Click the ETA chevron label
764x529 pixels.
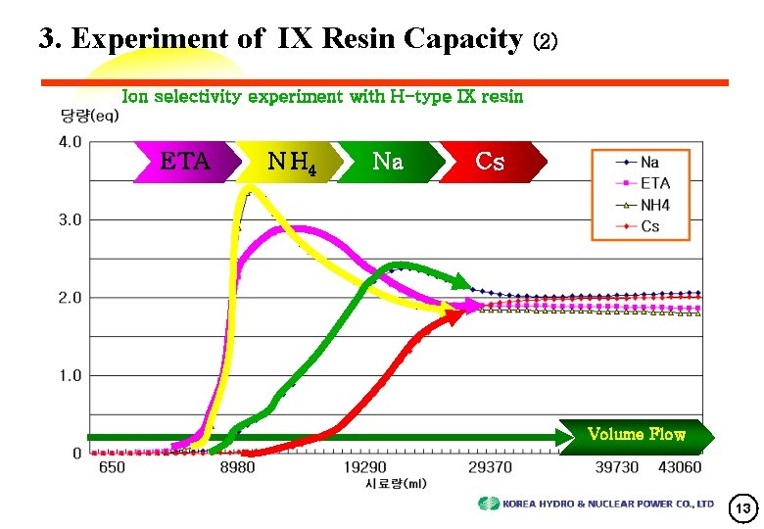(x=186, y=161)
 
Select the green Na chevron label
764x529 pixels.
(x=388, y=161)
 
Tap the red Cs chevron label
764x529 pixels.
(x=490, y=161)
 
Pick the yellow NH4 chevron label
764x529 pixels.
(x=290, y=162)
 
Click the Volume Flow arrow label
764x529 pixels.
(x=636, y=434)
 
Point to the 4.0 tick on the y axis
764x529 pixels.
(x=70, y=142)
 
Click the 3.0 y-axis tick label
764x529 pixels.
(x=70, y=219)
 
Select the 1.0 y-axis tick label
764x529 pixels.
(x=70, y=375)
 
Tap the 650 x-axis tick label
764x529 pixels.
(x=112, y=468)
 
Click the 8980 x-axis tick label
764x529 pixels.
(x=237, y=468)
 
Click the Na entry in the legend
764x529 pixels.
(x=649, y=162)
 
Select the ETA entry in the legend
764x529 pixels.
(x=655, y=183)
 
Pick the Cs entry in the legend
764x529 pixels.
(x=649, y=226)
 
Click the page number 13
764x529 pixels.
(x=743, y=507)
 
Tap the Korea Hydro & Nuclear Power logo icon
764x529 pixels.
(x=488, y=504)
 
